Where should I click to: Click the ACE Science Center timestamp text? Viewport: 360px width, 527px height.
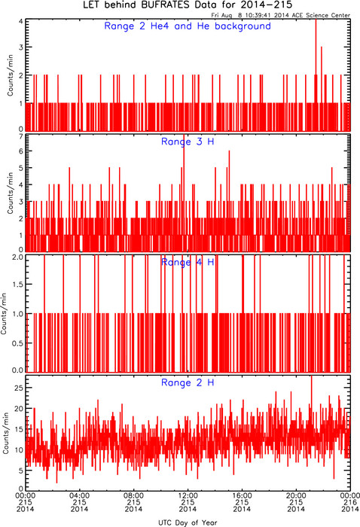281,15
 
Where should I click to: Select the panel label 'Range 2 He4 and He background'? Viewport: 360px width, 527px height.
188,26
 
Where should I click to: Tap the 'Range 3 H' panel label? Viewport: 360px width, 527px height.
188,142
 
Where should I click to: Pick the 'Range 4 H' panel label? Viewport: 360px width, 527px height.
188,262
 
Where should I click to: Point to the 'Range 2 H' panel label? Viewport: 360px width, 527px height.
188,382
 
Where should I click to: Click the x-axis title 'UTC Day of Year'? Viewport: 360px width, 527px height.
188,522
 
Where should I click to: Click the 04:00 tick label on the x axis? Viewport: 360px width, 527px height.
79,495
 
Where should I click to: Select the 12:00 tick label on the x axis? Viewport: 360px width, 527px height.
188,495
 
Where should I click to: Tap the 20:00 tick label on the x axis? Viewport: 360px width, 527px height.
296,495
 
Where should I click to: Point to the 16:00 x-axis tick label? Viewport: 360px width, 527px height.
242,495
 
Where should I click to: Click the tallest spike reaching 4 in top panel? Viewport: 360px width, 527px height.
316,20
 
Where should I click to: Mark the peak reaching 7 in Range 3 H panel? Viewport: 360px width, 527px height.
184,136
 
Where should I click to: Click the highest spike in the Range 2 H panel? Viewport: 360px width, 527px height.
312,376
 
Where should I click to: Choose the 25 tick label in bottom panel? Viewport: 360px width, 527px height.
20,388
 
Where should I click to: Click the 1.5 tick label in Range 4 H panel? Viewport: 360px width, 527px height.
17,285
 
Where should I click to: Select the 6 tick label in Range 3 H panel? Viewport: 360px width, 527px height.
21,151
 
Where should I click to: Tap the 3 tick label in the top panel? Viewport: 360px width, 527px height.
21,47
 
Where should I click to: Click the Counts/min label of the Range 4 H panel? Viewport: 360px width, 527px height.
4,313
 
